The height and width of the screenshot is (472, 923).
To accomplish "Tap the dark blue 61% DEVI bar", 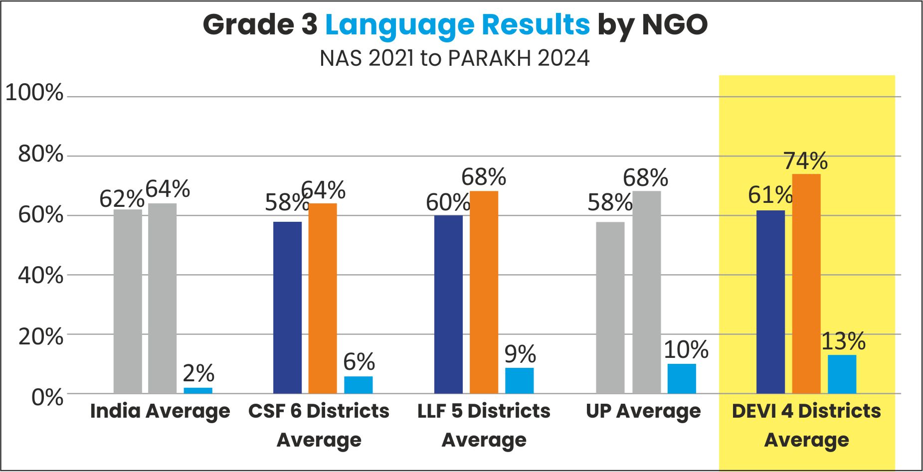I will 770,302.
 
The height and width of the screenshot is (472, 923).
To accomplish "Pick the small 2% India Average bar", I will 198,390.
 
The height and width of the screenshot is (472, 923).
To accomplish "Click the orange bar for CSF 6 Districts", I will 323,298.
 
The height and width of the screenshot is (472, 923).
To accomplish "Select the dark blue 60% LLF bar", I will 448,304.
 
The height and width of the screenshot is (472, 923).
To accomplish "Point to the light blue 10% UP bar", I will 682,378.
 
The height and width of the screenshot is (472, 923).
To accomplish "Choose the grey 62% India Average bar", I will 128,301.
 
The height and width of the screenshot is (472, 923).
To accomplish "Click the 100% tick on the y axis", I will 34,93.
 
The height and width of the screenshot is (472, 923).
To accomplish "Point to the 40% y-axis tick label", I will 41,276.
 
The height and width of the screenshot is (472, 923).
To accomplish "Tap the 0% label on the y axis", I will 47,398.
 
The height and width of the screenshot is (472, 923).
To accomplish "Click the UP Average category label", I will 643,411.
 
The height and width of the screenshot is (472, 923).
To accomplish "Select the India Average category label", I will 160,411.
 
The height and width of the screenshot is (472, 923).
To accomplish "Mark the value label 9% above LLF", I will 520,354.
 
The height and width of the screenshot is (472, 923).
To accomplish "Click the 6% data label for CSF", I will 359,362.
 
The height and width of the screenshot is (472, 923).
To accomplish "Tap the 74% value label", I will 805,161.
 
